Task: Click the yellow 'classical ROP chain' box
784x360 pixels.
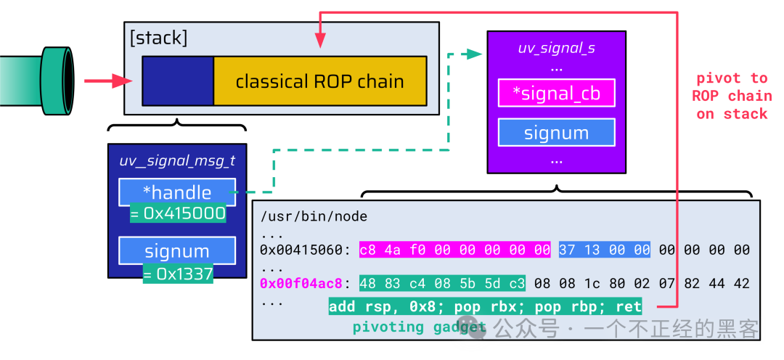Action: pyautogui.click(x=320, y=81)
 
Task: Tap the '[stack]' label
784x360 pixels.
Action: pyautogui.click(x=158, y=38)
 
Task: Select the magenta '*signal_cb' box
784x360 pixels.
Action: pyautogui.click(x=557, y=93)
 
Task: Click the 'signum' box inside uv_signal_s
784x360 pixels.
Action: pyautogui.click(x=557, y=133)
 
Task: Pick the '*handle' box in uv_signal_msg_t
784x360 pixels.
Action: pyautogui.click(x=177, y=192)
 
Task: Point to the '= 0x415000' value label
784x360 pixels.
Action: pyautogui.click(x=178, y=213)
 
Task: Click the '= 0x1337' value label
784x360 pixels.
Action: pyautogui.click(x=178, y=274)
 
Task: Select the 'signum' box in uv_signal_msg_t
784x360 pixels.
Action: pyautogui.click(x=177, y=250)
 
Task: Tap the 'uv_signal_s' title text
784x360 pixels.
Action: pyautogui.click(x=557, y=49)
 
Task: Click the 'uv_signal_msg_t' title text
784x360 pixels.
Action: pyautogui.click(x=177, y=161)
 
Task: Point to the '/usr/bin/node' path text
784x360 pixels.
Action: pyautogui.click(x=314, y=216)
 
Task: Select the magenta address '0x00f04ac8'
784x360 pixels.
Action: pyautogui.click(x=301, y=284)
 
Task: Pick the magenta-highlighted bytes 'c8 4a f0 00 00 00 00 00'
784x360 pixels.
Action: pyautogui.click(x=455, y=250)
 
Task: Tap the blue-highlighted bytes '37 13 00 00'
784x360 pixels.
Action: pyautogui.click(x=605, y=250)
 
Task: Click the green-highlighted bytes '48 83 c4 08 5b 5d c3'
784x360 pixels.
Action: pyautogui.click(x=443, y=284)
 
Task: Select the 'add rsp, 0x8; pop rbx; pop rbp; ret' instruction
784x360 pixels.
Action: pyautogui.click(x=485, y=306)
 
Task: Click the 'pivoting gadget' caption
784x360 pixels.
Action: pyautogui.click(x=420, y=327)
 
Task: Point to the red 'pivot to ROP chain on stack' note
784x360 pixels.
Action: pyautogui.click(x=732, y=96)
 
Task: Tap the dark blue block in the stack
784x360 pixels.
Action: pyautogui.click(x=178, y=81)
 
